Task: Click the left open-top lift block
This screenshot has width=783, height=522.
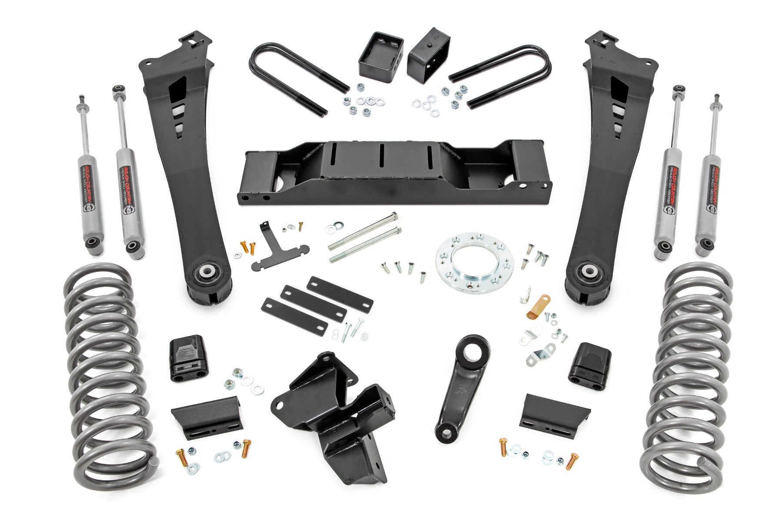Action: [381, 54]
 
